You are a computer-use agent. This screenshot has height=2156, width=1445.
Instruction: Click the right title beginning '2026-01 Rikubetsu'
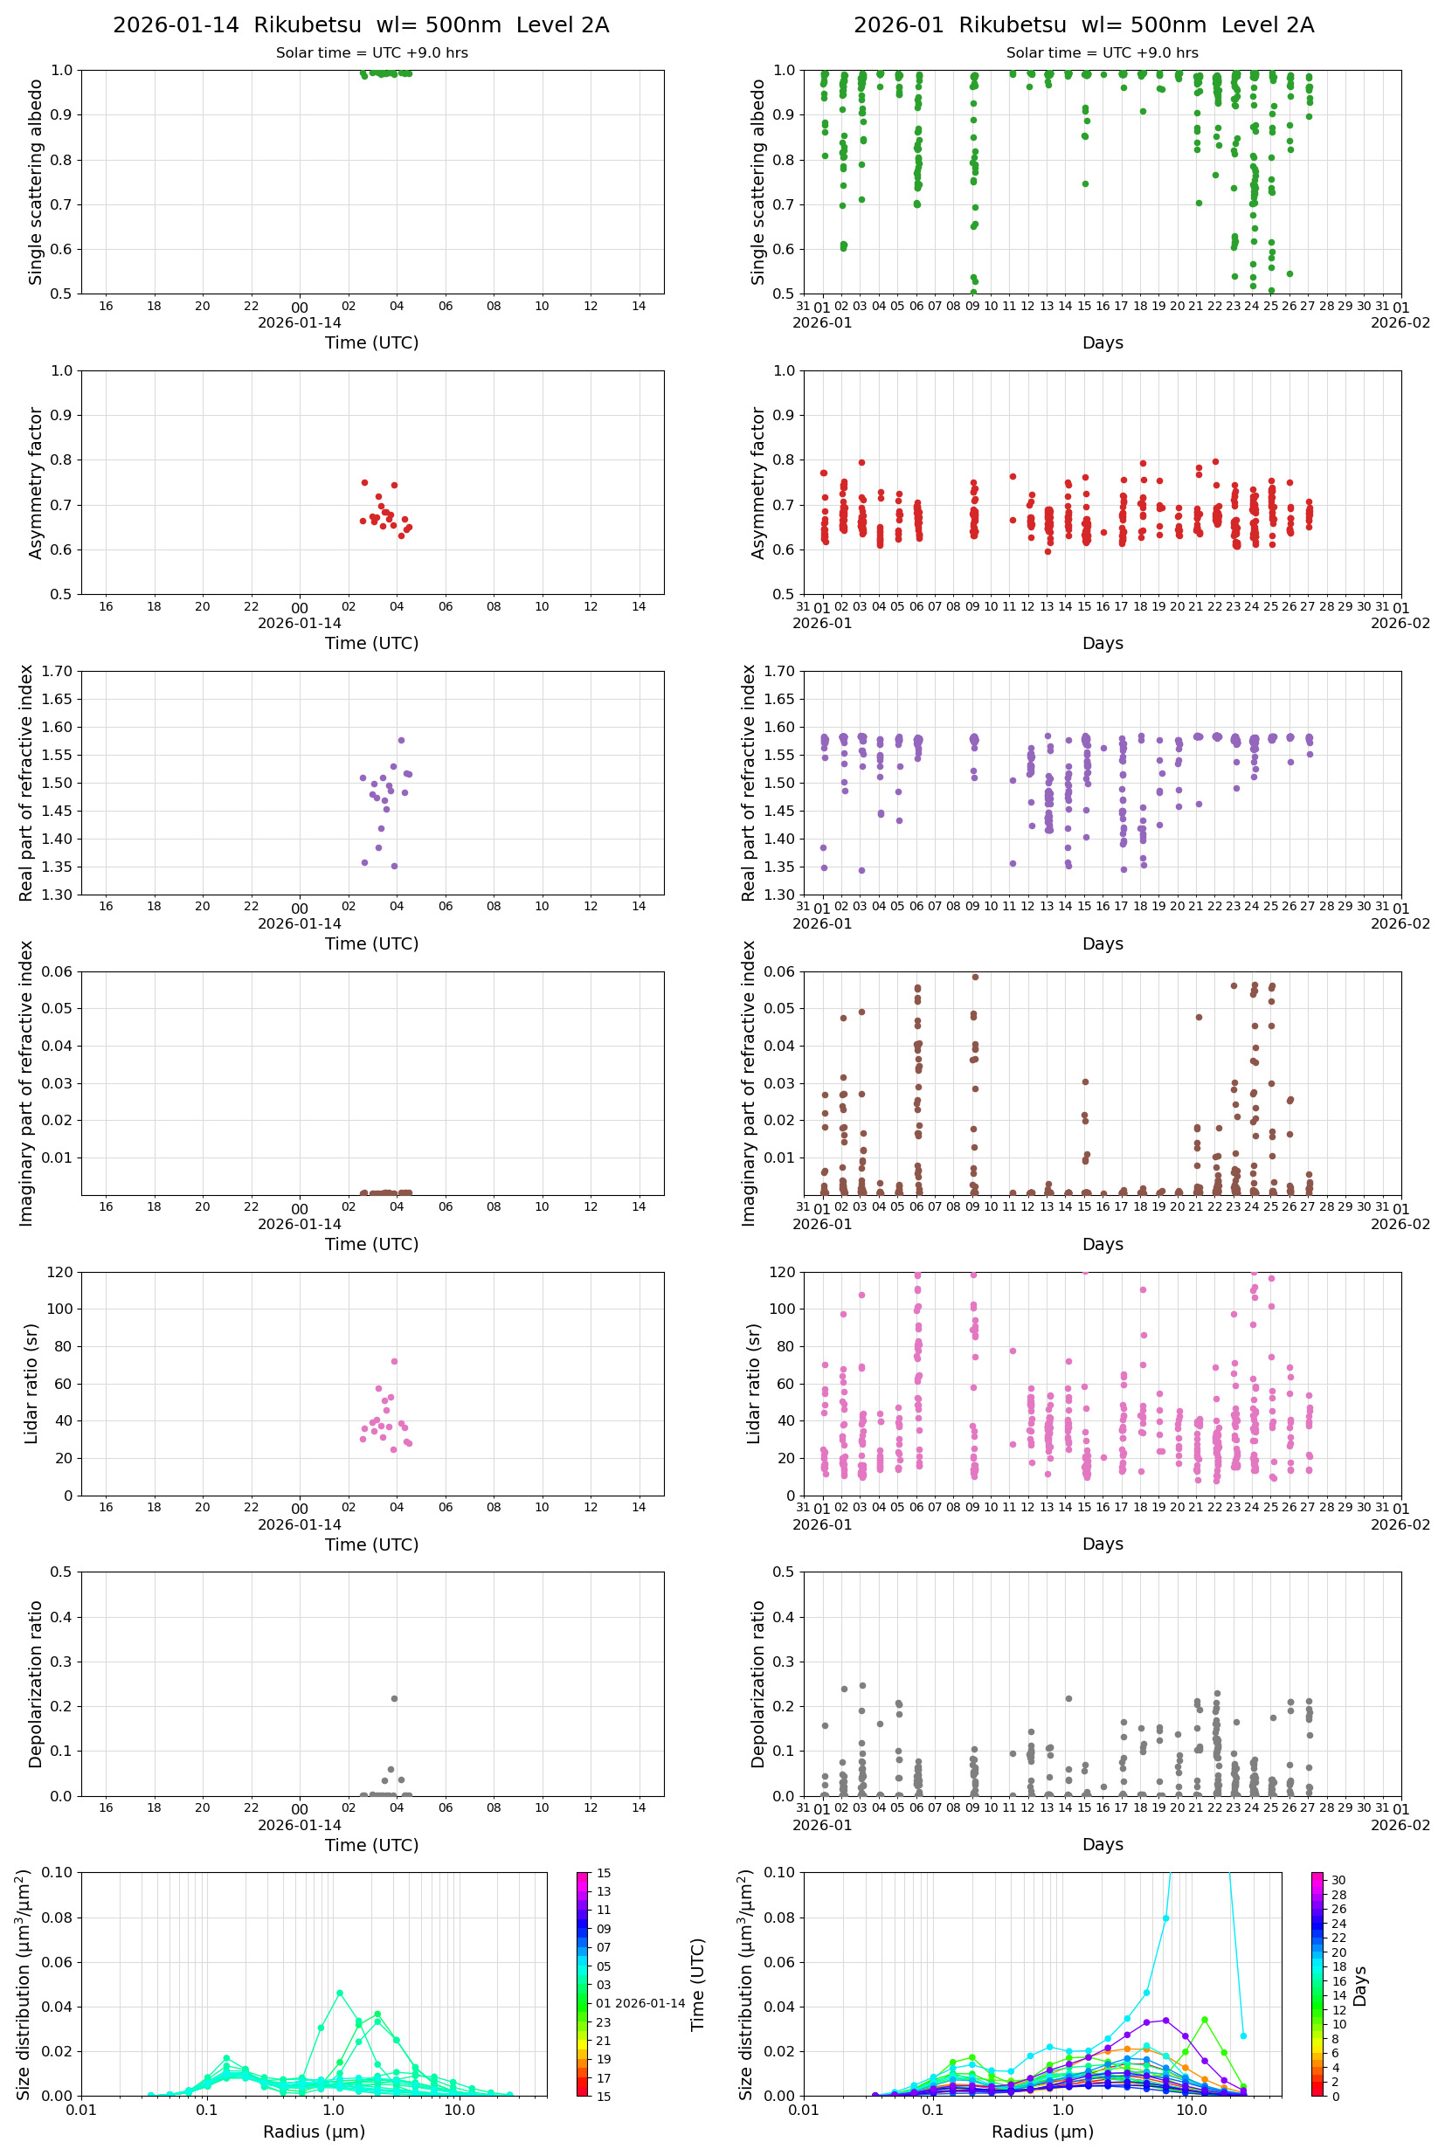(1082, 24)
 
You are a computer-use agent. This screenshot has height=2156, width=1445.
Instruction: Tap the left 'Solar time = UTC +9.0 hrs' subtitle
(371, 52)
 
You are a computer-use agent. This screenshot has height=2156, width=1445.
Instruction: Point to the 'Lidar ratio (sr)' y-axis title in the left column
(31, 1383)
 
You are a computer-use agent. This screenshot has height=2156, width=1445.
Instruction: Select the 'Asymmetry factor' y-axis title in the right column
(758, 483)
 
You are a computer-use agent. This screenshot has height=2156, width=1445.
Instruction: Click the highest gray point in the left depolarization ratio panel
(394, 1698)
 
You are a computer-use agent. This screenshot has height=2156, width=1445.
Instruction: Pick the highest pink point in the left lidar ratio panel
(394, 1361)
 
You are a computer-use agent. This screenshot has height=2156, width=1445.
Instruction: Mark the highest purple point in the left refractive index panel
(401, 740)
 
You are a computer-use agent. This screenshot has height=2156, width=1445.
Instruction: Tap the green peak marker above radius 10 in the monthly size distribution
(1205, 2020)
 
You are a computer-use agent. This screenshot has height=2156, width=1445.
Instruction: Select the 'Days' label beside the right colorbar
(1360, 1986)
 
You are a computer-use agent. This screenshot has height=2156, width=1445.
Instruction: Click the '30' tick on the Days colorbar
(1338, 1881)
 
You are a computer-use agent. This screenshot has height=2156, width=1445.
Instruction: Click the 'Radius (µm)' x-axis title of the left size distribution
(315, 2132)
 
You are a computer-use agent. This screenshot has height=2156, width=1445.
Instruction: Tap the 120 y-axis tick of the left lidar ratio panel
(61, 1273)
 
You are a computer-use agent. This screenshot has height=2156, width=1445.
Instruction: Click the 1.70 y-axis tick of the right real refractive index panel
(778, 672)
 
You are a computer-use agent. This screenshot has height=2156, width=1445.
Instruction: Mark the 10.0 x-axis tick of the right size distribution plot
(1191, 2110)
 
